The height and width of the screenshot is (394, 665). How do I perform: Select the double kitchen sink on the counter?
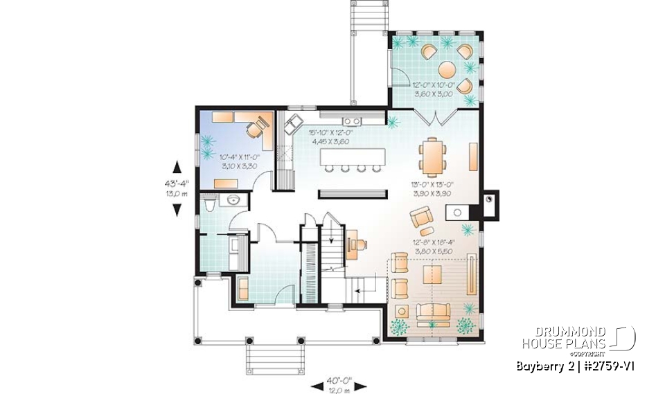[351, 123]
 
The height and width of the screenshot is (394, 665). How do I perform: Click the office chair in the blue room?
[256, 127]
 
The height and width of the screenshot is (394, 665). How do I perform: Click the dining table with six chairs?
[433, 156]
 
